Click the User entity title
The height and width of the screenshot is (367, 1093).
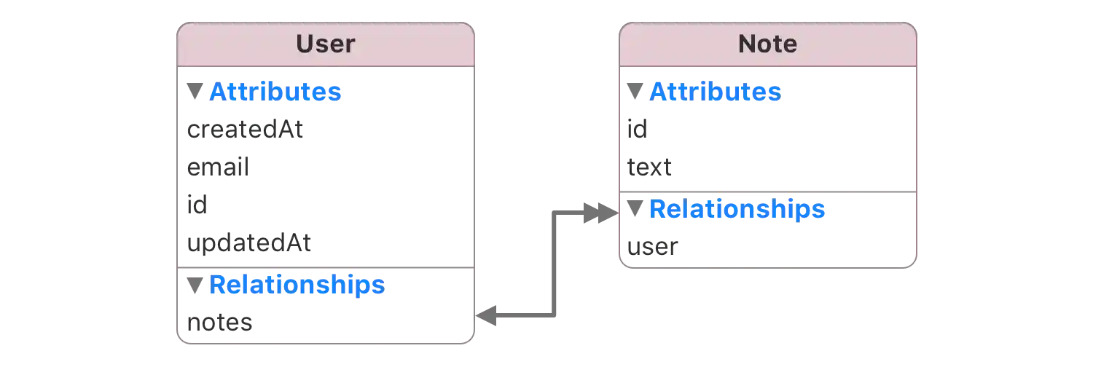(x=325, y=44)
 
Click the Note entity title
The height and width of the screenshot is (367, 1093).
(x=767, y=44)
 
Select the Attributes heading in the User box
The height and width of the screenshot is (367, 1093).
(x=275, y=92)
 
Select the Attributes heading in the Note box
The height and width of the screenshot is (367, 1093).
(x=715, y=92)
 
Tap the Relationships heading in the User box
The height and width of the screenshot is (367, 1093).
(x=296, y=285)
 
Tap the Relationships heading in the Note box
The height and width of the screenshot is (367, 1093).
(x=737, y=210)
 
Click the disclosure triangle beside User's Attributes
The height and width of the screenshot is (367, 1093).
(x=195, y=92)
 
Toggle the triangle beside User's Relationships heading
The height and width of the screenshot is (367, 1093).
(x=195, y=285)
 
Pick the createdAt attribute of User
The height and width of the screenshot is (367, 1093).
(x=244, y=130)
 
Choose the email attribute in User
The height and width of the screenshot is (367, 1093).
(x=218, y=168)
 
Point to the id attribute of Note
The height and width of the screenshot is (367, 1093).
(x=636, y=130)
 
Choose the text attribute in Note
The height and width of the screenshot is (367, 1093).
(x=650, y=169)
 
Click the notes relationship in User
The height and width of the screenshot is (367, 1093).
(x=222, y=321)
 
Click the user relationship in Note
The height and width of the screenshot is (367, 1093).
(x=652, y=248)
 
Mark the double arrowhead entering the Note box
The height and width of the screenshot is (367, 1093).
(x=598, y=213)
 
